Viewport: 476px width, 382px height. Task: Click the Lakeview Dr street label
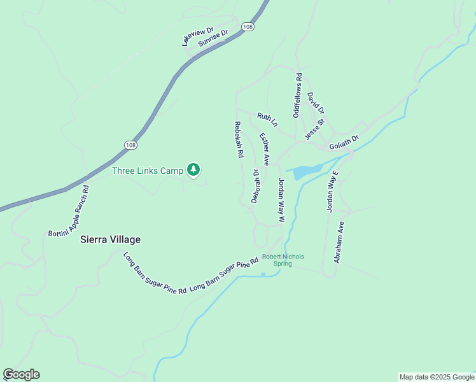coord(197,36)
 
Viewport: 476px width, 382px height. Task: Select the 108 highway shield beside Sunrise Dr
coord(248,26)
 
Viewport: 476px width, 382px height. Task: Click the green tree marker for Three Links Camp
coord(193,170)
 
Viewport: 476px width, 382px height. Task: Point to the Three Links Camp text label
coord(148,171)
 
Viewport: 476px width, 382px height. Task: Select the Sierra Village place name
coord(110,240)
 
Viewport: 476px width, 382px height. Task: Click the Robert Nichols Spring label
coord(283,260)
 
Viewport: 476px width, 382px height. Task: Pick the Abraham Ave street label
coord(339,243)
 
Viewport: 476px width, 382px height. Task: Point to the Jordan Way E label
coord(332,190)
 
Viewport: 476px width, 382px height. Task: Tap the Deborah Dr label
coord(256,186)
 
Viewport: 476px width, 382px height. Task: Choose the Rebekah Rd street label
coord(239,139)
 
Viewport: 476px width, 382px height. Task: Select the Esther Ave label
coord(264,149)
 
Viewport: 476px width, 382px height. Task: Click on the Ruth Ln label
coord(267,119)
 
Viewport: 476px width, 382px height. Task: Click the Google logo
coord(21,374)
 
